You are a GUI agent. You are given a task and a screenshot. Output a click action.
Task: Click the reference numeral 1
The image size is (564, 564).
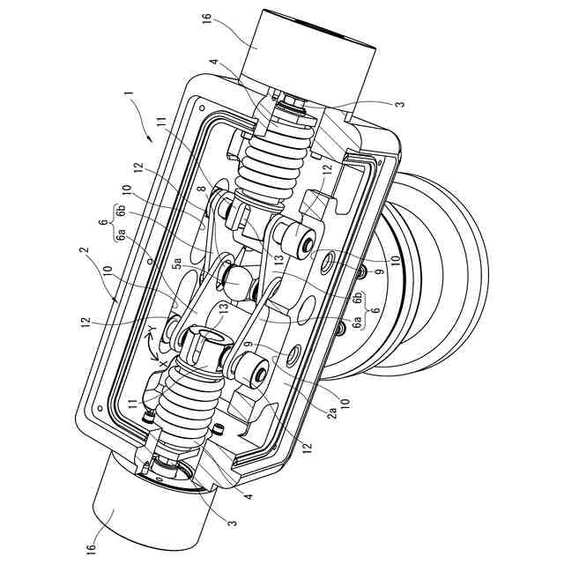tap(128, 93)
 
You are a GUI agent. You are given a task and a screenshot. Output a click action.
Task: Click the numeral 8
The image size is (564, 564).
tap(201, 189)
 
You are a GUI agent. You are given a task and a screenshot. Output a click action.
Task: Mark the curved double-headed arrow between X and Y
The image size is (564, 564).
tap(150, 346)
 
